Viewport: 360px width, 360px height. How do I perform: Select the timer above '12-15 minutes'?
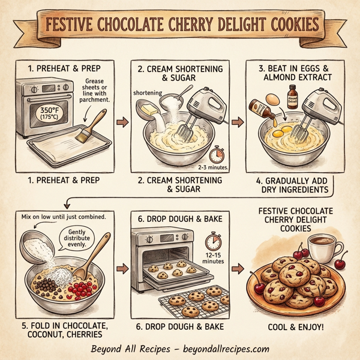click(x=213, y=242)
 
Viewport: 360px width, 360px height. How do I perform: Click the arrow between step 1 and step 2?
click(x=122, y=123)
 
